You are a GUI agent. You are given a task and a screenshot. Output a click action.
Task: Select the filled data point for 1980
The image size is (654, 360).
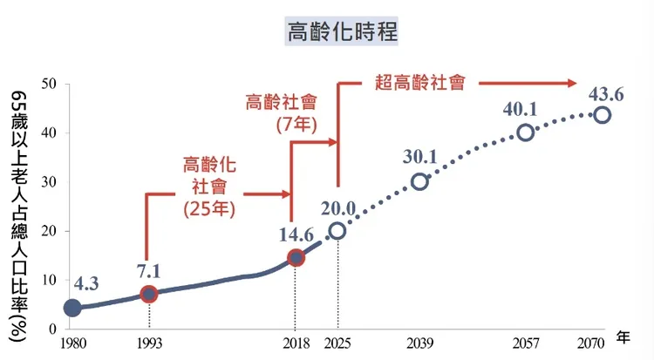coord(72,308)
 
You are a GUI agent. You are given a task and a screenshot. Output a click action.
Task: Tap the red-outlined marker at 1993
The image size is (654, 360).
coord(149,294)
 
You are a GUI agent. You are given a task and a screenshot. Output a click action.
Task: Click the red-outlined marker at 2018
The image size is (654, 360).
coord(296,257)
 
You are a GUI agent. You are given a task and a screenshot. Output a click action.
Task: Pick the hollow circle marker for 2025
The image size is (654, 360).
coord(337,231)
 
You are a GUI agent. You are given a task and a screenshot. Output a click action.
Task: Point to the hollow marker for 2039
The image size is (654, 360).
coord(420,181)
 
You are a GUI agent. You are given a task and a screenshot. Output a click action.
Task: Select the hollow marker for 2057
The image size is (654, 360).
coord(525,132)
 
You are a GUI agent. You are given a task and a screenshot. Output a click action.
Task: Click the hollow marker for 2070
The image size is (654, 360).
coord(602,115)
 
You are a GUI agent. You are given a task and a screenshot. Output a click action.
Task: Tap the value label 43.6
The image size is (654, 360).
coord(608,93)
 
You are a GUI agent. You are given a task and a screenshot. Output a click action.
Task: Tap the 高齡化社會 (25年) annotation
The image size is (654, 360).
coord(209,186)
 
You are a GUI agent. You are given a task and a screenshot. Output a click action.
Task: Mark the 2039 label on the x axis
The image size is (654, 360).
coord(420,343)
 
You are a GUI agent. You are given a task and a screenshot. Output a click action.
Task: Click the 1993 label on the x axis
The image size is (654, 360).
coord(149,343)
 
